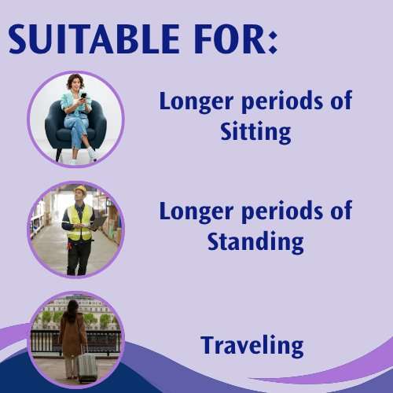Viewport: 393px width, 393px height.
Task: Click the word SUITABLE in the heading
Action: click(94, 39)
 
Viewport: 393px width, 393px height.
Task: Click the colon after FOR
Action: click(273, 42)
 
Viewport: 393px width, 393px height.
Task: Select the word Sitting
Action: click(255, 132)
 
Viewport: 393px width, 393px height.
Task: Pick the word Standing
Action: click(255, 242)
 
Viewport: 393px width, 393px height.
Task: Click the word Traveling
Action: click(252, 346)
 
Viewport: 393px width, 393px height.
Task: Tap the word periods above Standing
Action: click(282, 211)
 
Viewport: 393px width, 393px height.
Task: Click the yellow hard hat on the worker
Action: click(81, 189)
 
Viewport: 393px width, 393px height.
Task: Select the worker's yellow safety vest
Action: click(80, 222)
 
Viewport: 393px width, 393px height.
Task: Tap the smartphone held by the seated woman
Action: click(83, 96)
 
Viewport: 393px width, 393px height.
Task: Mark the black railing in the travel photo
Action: click(76, 340)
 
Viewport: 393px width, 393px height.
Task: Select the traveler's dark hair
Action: click(72, 310)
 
